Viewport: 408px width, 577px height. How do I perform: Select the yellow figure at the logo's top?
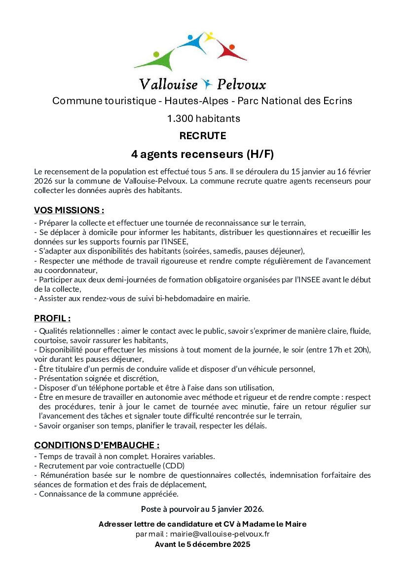click(209, 38)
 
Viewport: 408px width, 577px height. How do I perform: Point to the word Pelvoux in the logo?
click(239, 84)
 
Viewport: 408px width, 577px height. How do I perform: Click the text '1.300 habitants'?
click(203, 118)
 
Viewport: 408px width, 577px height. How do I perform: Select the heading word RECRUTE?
click(203, 136)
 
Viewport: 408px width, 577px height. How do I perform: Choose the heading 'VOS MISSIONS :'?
click(69, 210)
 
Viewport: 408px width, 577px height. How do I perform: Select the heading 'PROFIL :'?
click(52, 318)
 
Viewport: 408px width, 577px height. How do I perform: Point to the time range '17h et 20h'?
click(349, 349)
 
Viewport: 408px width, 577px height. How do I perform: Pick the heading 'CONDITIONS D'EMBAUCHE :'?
click(97, 445)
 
